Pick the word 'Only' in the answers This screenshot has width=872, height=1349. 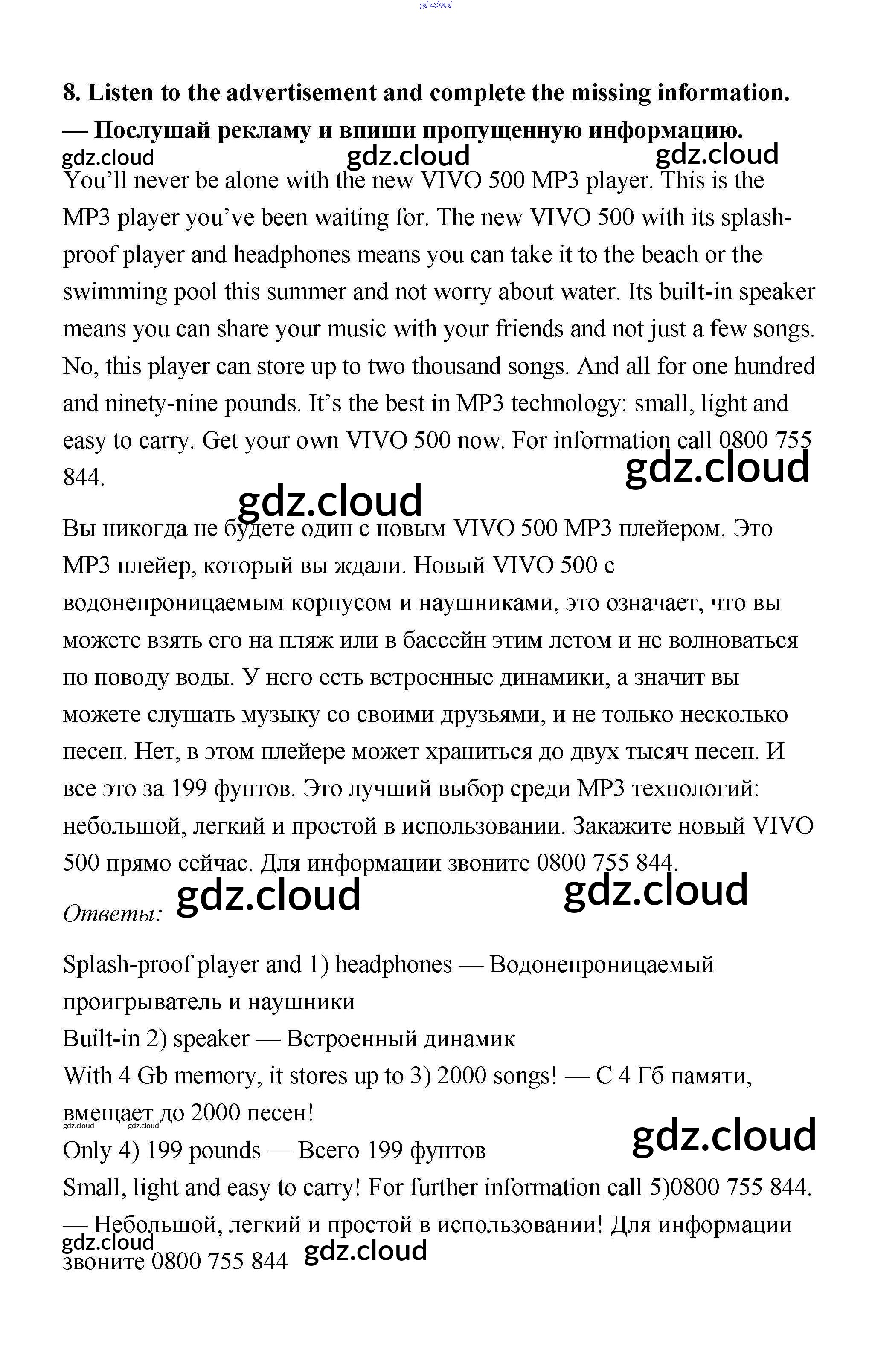tap(87, 1150)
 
